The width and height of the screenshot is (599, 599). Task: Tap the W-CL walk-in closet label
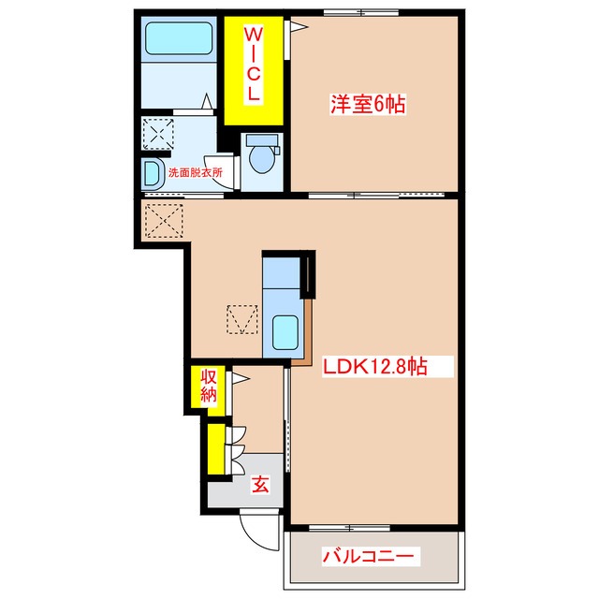tap(254, 65)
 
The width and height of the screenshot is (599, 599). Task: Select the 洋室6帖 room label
tap(367, 105)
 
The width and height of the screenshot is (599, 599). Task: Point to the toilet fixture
tap(259, 154)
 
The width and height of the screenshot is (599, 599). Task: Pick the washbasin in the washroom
tap(152, 173)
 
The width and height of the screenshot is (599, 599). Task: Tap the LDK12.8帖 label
tap(375, 366)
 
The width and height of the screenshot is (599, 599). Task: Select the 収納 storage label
tap(208, 386)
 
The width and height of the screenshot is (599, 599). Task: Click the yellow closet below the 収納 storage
tap(216, 448)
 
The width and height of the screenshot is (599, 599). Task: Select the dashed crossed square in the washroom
tap(156, 133)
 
